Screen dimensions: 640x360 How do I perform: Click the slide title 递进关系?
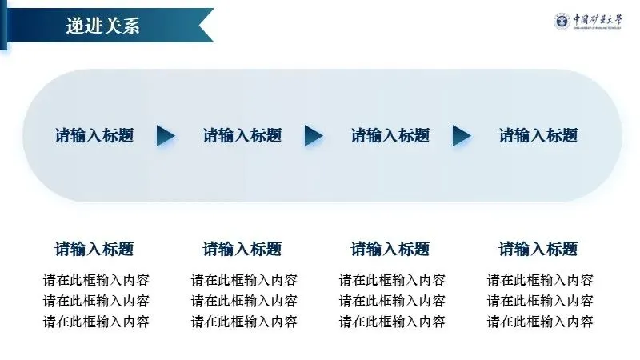(x=103, y=26)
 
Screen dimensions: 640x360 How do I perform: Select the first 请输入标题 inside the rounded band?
(x=94, y=135)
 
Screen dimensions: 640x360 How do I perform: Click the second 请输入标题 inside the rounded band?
(x=242, y=135)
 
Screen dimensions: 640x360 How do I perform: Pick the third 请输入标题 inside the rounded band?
(x=390, y=135)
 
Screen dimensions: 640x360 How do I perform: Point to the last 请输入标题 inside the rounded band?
(x=538, y=135)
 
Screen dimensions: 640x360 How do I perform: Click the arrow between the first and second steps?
(x=166, y=136)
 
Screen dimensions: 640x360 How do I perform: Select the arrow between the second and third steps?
(x=314, y=136)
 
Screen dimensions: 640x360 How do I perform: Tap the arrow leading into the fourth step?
(x=462, y=136)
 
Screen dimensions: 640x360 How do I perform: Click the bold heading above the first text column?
(x=94, y=249)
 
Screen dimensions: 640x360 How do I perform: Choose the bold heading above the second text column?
(x=242, y=249)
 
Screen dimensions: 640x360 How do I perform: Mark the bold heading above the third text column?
(x=390, y=249)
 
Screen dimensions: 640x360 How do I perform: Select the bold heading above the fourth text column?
(x=538, y=249)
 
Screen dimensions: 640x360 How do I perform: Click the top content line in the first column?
(x=96, y=280)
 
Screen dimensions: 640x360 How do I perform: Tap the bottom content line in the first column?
(x=96, y=322)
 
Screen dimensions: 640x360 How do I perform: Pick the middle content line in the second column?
(x=244, y=301)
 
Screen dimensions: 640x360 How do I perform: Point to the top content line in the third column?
(x=392, y=280)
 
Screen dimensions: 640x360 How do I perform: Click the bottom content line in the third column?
(x=392, y=322)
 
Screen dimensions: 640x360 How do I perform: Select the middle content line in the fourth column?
(x=540, y=301)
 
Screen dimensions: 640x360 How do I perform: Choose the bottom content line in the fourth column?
(x=540, y=322)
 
